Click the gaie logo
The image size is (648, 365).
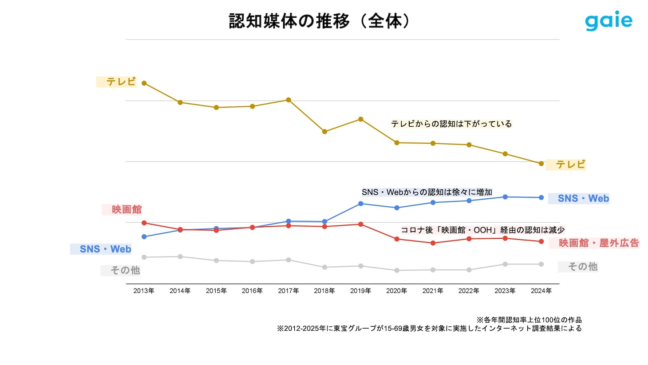(608, 21)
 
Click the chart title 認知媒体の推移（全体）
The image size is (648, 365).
(320, 21)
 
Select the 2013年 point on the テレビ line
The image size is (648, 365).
(144, 83)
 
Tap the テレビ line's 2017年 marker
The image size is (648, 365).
(288, 100)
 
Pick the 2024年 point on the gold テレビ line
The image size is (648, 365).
(541, 164)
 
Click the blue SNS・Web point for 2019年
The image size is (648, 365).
(361, 204)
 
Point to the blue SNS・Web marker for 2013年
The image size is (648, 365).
(144, 237)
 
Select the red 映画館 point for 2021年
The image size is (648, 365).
(433, 243)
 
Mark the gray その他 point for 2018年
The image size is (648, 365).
(324, 267)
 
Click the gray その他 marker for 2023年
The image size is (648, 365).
(505, 264)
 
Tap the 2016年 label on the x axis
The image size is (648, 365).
(252, 291)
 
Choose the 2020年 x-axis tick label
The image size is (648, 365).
(396, 291)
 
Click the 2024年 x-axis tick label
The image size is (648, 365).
(541, 291)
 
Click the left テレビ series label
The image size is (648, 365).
(120, 82)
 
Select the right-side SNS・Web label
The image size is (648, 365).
(583, 199)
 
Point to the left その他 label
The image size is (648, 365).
(125, 270)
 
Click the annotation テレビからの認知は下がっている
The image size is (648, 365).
(451, 124)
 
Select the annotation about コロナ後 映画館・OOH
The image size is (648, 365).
(482, 230)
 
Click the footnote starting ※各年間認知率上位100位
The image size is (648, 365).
(529, 320)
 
